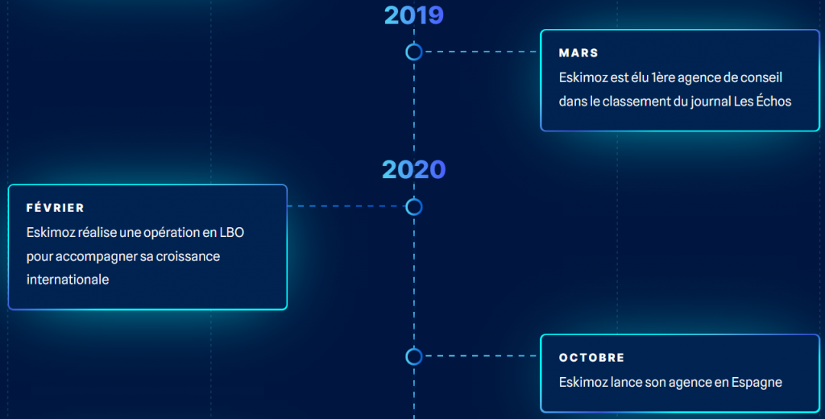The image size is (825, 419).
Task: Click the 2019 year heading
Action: [414, 15]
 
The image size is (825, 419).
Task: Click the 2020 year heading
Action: [413, 169]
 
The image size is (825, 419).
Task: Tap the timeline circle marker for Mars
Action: [414, 52]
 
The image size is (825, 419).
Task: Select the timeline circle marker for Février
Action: [414, 207]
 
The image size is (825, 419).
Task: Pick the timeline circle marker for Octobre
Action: [414, 356]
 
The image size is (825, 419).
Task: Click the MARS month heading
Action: [578, 53]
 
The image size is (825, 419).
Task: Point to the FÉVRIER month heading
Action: [56, 208]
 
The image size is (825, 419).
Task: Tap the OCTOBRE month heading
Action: [591, 358]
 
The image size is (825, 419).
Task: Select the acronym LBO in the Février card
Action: [231, 232]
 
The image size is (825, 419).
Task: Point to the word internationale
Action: [68, 280]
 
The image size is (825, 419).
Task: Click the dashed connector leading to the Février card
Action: [346, 206]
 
